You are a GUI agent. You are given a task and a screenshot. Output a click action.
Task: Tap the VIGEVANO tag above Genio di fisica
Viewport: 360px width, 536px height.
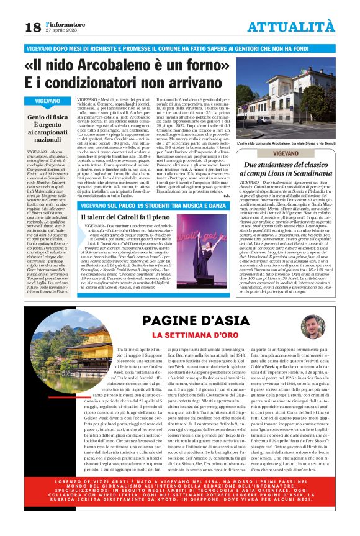point(48,100)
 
